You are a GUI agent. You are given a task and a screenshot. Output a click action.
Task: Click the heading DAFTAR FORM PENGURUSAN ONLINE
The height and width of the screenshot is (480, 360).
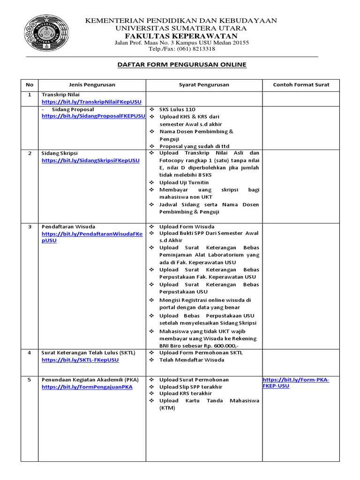[181, 64]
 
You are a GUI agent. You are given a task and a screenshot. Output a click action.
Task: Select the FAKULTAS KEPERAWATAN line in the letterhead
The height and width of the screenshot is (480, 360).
[180, 36]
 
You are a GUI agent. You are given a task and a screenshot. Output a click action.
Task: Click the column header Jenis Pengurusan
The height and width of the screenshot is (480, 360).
[92, 85]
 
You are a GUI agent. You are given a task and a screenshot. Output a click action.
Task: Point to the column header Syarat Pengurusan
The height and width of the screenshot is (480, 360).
[204, 85]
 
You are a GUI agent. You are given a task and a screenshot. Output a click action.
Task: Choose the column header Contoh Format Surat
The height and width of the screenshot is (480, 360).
[301, 85]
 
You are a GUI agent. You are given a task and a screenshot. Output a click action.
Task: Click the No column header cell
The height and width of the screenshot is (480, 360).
[30, 85]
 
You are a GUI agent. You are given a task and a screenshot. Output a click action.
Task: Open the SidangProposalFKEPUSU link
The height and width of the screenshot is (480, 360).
[93, 116]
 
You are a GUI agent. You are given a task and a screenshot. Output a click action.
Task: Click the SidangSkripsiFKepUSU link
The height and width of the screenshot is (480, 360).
[90, 160]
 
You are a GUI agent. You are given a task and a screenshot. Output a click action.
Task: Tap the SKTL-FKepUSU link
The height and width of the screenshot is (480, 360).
[80, 360]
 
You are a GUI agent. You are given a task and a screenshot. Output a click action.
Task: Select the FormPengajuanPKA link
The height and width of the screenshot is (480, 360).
[87, 387]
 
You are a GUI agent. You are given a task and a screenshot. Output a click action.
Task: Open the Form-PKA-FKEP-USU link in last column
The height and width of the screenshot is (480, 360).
[296, 383]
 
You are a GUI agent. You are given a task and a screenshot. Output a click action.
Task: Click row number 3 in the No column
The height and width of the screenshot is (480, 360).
[30, 226]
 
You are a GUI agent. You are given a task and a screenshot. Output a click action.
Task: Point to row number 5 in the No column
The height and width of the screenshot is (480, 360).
[30, 380]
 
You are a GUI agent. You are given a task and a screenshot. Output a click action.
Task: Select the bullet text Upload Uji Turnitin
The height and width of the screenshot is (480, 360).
[184, 182]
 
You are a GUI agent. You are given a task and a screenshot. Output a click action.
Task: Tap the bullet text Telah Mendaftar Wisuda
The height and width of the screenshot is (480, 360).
[191, 360]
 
